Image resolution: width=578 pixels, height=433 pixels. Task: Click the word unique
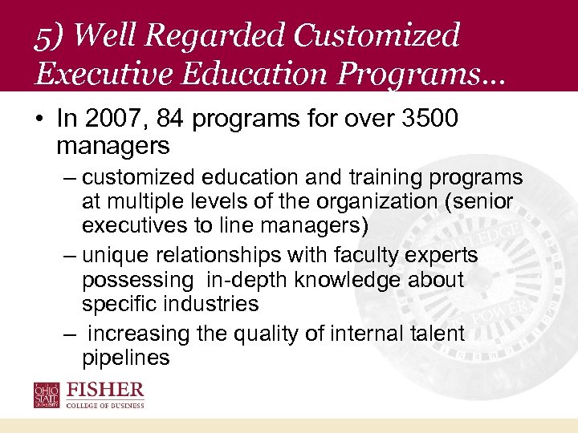tap(116, 256)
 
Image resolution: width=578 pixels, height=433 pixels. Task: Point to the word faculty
tap(365, 256)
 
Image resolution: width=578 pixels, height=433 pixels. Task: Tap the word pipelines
tap(125, 357)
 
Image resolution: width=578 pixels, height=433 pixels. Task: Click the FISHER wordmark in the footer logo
tap(105, 391)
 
